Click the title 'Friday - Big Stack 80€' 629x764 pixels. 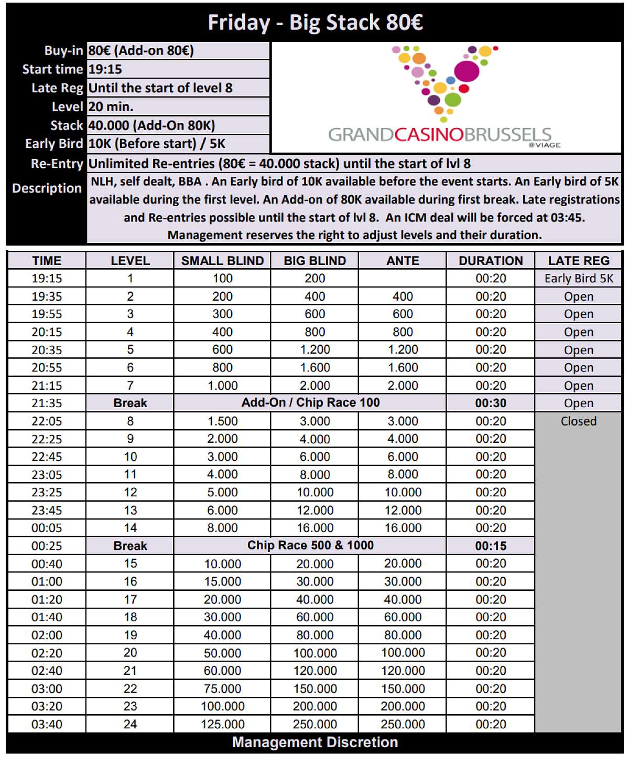tap(315, 23)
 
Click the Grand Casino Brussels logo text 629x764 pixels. tap(440, 135)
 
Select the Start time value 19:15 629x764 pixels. tap(105, 69)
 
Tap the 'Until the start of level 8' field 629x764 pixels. tap(160, 88)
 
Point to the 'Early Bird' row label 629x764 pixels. tap(53, 144)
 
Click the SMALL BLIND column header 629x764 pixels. tap(222, 261)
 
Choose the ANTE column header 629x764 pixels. tap(403, 261)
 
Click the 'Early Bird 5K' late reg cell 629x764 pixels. tap(579, 279)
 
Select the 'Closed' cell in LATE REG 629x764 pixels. tap(579, 421)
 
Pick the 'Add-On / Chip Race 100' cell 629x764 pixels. tap(310, 403)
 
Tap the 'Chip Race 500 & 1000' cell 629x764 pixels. tap(310, 546)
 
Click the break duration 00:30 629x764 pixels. tap(491, 404)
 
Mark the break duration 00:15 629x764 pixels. tap(491, 546)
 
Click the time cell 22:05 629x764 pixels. tap(47, 421)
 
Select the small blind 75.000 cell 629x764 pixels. tap(222, 689)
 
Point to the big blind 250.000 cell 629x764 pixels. tap(314, 725)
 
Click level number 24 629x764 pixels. tap(130, 725)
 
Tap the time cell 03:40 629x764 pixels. tap(47, 725)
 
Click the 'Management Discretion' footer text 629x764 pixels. tap(315, 742)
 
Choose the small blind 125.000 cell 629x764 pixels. tap(222, 725)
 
